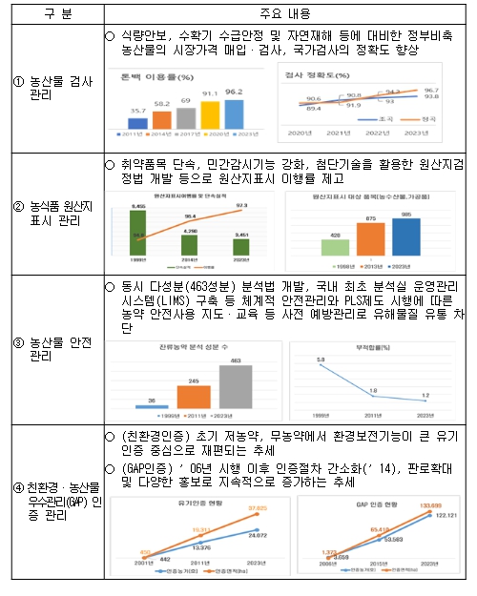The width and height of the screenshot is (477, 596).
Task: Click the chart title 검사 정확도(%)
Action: click(x=316, y=72)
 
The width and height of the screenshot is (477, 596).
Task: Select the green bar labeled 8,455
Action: click(x=139, y=229)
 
